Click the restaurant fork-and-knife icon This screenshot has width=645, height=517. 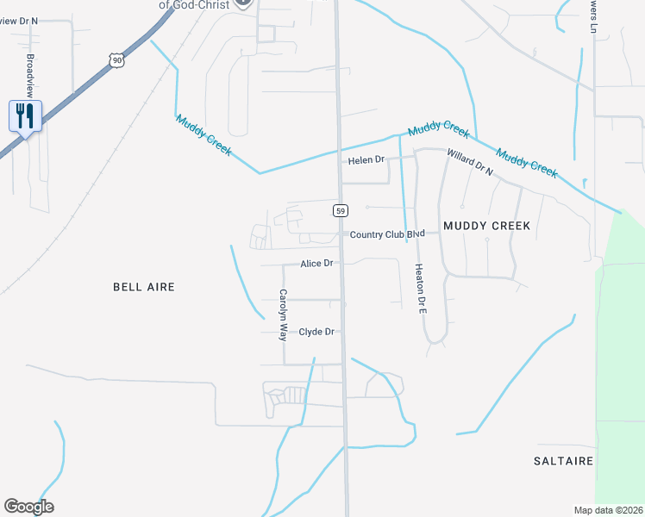point(25,115)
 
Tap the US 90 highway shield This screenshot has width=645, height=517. point(116,59)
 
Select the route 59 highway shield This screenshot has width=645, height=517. point(341,210)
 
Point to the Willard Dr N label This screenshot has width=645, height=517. point(469,162)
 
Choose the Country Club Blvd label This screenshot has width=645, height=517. point(388,234)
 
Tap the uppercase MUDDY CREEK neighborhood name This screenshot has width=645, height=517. point(485,226)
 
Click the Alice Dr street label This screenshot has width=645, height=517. point(316,264)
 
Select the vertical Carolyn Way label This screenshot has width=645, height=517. point(283,315)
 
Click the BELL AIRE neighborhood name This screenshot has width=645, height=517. point(144,287)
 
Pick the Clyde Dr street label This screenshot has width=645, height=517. point(316,332)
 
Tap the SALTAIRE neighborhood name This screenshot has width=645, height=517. point(563,461)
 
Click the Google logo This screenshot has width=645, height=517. point(28,507)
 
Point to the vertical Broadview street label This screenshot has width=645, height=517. point(30,75)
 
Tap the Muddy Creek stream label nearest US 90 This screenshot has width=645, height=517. point(204,135)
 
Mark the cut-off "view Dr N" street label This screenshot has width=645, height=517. point(19,21)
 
